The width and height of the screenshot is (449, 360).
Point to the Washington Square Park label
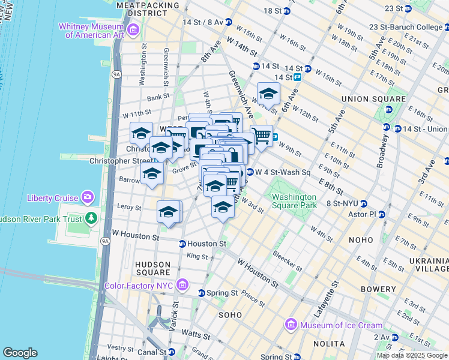[x=294, y=201]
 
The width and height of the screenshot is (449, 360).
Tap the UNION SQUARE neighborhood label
[x=373, y=98]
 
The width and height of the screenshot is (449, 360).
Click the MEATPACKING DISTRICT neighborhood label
[x=148, y=8]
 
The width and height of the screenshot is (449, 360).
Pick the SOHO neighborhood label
[x=230, y=314]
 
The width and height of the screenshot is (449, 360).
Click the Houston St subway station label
[x=206, y=244]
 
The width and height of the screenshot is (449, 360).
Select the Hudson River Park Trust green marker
[x=91, y=218]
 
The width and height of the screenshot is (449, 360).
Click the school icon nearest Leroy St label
[x=169, y=212]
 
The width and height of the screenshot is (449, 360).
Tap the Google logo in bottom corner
[x=20, y=353]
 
